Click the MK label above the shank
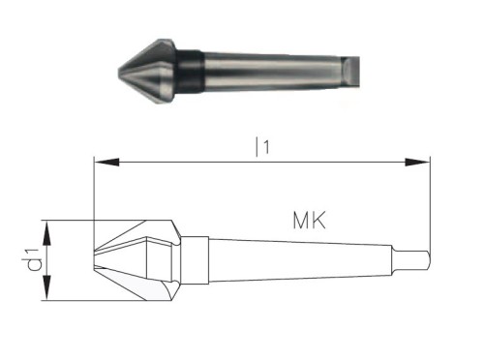tap(309, 221)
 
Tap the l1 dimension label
tap(262, 147)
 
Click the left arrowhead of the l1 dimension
tap(106, 162)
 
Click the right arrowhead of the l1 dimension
tap(417, 162)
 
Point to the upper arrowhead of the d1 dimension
tap(47, 233)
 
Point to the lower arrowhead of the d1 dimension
tap(47, 288)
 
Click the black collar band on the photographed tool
tap(191, 72)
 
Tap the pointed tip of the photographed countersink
tap(119, 72)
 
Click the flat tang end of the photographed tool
tap(351, 73)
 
